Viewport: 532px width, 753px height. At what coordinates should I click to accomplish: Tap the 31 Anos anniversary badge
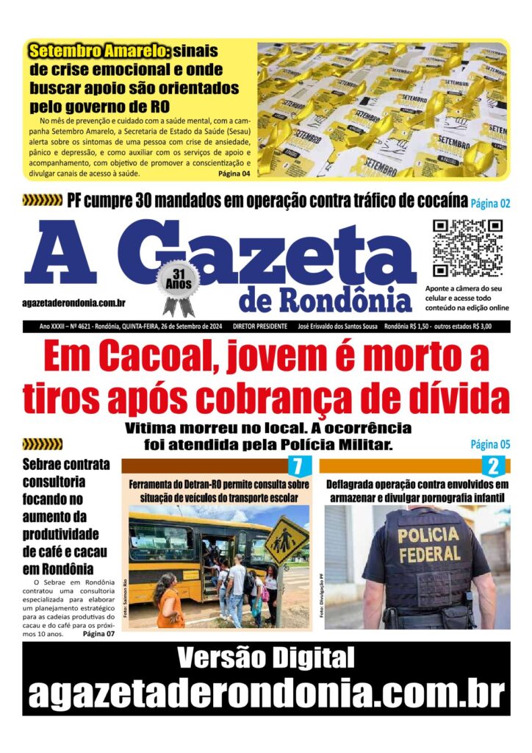[178, 279]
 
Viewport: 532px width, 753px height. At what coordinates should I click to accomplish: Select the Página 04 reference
[234, 174]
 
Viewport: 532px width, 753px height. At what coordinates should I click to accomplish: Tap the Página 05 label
[490, 444]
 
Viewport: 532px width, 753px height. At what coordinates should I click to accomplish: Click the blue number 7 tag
[297, 465]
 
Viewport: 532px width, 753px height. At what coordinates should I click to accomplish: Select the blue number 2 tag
[493, 465]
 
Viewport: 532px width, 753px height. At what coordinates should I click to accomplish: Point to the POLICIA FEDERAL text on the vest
[428, 543]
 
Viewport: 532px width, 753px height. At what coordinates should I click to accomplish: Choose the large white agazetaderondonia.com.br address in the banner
[265, 693]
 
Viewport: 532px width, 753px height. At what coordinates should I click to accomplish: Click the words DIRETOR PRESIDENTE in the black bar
[261, 325]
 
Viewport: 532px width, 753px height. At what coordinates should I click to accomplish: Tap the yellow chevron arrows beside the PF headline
[43, 200]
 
